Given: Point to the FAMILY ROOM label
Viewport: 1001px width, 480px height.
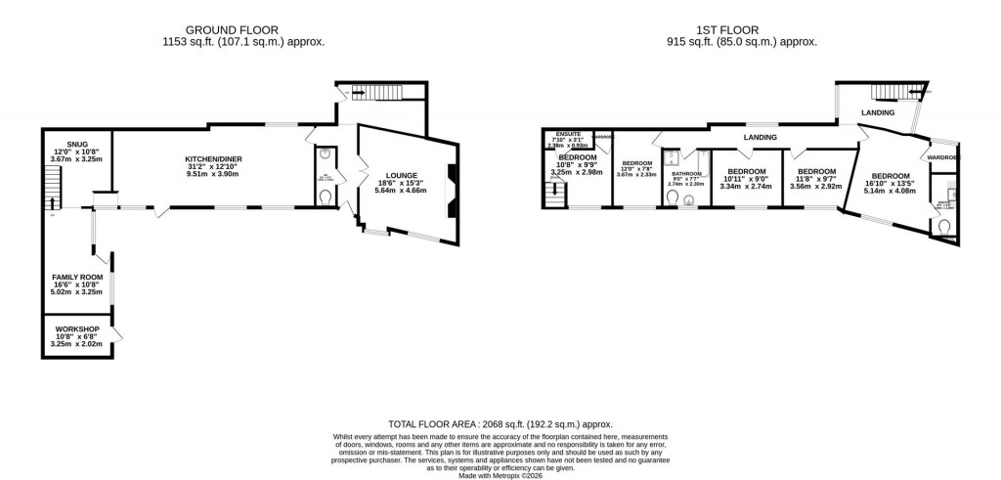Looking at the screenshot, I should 77,277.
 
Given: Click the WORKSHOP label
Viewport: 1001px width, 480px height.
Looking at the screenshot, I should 77,327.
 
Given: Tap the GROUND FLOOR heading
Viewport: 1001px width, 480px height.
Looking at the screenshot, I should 243,30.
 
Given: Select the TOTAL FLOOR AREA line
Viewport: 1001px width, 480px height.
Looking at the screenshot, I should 500,423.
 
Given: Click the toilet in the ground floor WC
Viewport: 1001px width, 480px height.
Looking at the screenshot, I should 326,196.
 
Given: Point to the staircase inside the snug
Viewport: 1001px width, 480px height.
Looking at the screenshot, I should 53,186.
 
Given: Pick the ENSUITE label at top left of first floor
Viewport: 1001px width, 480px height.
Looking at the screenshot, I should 568,133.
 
